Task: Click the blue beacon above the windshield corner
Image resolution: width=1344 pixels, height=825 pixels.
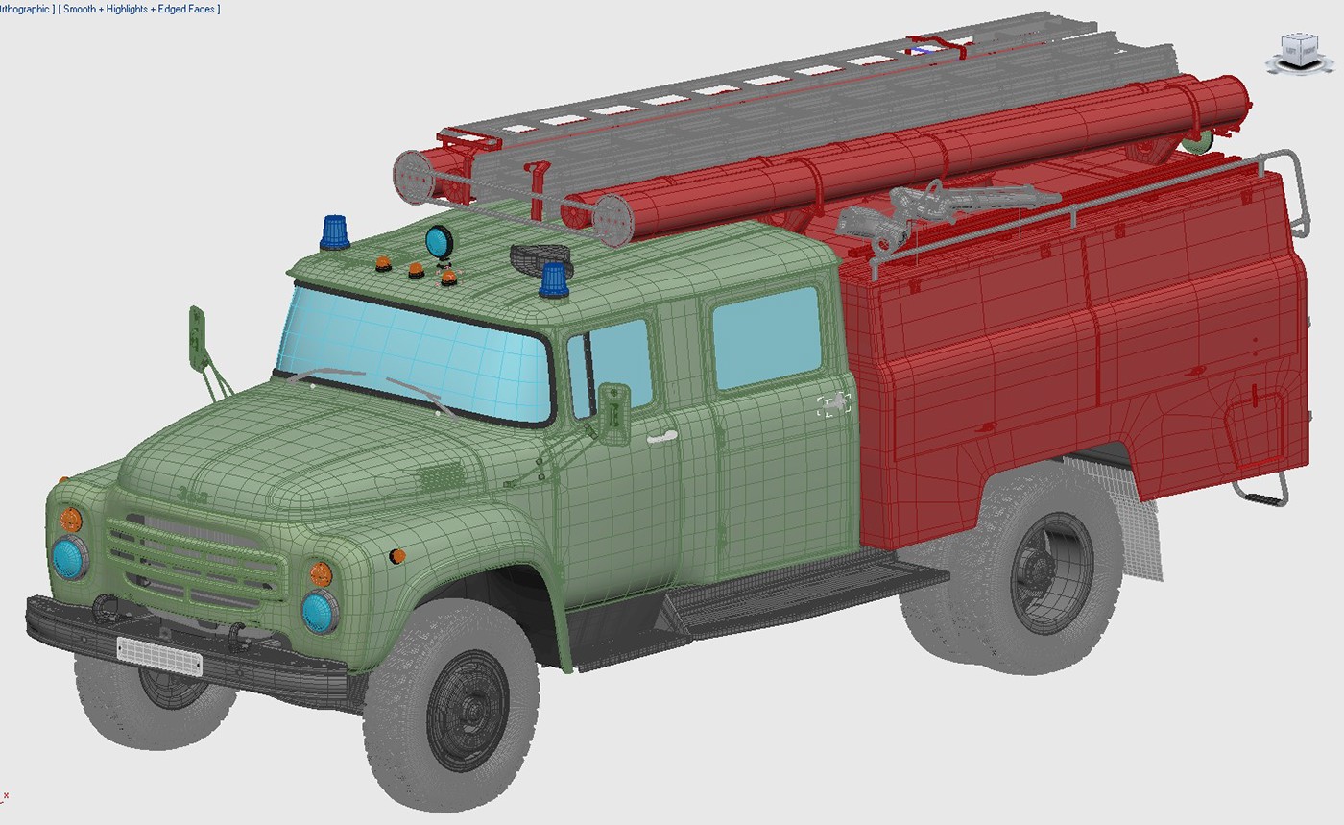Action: pos(334,231)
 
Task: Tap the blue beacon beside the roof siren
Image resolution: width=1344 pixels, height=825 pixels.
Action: pos(554,279)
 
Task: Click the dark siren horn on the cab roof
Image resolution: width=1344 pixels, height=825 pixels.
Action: pos(538,256)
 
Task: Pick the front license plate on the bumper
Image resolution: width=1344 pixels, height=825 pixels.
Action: pos(158,655)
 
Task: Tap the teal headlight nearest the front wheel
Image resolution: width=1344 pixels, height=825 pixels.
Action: pos(320,611)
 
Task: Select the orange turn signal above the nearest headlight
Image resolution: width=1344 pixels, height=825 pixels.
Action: pos(321,573)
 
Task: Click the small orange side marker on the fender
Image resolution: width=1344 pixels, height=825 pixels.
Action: pos(397,556)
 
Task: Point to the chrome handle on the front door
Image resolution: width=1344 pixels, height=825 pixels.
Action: pos(661,438)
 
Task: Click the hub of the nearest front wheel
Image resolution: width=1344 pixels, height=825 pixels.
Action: pos(471,711)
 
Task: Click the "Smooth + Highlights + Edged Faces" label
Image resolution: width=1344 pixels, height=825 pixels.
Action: pos(139,9)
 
